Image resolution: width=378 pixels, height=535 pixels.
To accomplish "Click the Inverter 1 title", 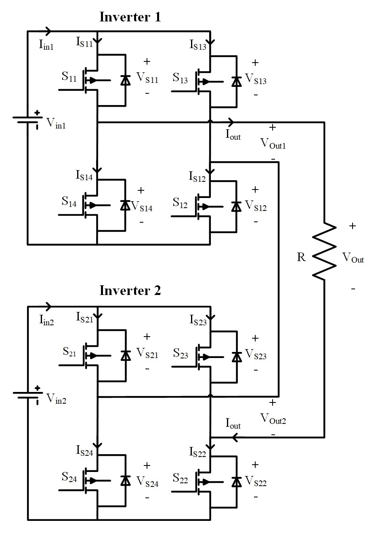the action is pos(130,17).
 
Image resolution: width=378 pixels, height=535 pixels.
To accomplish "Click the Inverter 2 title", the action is pos(130,291).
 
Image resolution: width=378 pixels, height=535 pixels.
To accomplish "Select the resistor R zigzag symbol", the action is pos(324,251).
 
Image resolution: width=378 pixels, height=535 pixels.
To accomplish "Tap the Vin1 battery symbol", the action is pos(28,120).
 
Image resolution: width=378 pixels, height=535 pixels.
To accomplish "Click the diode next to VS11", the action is pos(125,80).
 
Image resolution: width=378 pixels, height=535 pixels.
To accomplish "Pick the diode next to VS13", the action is pos(237,82).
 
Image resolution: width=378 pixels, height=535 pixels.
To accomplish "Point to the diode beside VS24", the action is pos(125,480).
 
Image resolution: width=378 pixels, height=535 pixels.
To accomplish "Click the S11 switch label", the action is pos(69,77).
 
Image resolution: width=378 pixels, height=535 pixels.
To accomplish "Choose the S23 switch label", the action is pos(181,353).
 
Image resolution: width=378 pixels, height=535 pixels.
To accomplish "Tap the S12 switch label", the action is pos(180,203).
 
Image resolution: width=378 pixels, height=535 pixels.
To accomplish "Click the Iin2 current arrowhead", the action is pos(48,306).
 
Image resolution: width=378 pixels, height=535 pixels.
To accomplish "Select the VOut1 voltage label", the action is pos(273,143).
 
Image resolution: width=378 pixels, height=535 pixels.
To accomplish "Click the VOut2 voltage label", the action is pos(273,419).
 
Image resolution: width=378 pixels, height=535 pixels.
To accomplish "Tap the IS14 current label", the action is pos(84,175).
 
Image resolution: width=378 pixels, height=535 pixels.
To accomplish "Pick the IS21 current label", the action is pos(84,318).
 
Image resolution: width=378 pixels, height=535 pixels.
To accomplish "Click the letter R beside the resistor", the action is pos(301,257).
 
